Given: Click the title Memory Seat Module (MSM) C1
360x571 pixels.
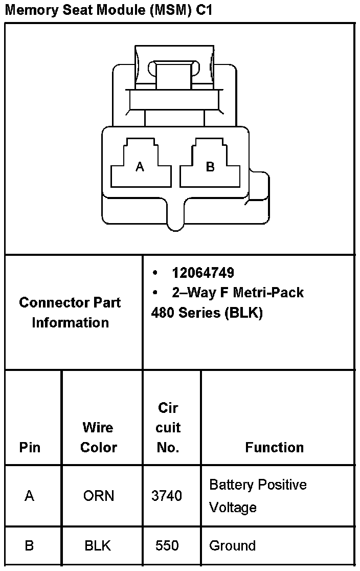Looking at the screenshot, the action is coord(108,10).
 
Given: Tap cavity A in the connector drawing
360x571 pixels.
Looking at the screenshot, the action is coord(140,167).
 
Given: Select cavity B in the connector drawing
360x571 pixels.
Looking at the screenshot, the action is coord(210,167).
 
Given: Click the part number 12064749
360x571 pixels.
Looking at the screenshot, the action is coord(203,273).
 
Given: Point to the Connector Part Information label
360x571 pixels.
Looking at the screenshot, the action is coord(70,312).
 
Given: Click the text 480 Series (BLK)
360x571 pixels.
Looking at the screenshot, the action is coord(207,313).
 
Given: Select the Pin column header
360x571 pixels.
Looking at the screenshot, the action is coord(30,447).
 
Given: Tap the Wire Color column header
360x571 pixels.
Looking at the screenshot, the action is coord(99,437).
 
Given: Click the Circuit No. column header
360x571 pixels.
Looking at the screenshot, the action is coord(168,427).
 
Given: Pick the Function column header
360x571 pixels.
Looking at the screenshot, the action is coord(274,447).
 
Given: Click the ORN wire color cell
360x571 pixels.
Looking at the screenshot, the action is coord(99,496).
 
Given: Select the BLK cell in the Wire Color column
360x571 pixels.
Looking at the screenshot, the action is coord(98,546).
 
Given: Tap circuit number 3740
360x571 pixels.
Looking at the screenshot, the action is coord(167,496).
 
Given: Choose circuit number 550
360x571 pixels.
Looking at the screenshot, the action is coord(167,546).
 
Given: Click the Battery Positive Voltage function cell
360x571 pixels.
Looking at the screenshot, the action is coord(258,496).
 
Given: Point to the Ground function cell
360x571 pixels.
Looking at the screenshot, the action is coord(232,546).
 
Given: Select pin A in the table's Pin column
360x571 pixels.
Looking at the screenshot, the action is coord(30,496).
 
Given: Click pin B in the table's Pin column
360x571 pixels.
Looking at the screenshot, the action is coord(29,546).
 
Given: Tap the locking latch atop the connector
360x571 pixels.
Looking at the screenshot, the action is coord(174,77).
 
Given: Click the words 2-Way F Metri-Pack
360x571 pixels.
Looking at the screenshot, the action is coord(238,293).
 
